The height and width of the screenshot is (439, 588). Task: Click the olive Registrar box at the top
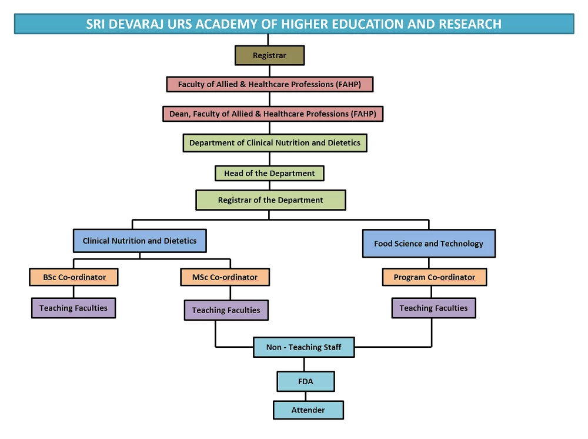[269, 55]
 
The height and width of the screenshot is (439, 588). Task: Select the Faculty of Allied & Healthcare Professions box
[269, 84]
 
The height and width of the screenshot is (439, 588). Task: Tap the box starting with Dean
[273, 114]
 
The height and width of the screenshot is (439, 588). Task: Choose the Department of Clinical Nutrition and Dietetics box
[275, 143]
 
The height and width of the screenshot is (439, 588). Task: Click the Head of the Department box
[269, 174]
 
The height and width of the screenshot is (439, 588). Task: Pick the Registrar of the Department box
[270, 200]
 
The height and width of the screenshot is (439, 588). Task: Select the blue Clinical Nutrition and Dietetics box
[139, 241]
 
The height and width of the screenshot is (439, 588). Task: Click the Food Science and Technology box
[429, 244]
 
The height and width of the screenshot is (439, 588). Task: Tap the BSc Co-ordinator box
[74, 277]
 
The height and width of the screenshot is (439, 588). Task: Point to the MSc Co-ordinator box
[225, 277]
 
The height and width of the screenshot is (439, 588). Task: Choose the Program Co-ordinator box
[434, 277]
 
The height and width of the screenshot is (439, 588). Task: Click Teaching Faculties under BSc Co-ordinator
[73, 308]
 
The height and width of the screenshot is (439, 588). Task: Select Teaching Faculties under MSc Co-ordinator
[226, 310]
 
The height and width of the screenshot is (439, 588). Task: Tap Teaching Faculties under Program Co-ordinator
[433, 308]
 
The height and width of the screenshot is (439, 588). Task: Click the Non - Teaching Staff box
[303, 347]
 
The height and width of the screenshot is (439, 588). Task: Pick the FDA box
[305, 381]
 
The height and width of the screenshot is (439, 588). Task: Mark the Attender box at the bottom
[308, 410]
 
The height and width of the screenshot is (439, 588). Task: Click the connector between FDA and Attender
[306, 396]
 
